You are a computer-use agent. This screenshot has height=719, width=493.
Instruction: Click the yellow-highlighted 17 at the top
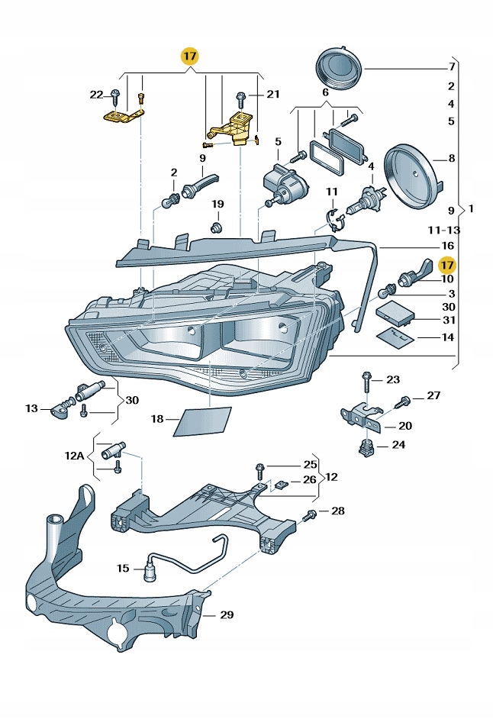189,56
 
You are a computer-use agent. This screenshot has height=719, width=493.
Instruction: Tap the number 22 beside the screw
96,95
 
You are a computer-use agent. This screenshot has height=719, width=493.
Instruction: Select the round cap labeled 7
338,68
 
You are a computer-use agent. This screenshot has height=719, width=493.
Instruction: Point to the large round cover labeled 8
413,175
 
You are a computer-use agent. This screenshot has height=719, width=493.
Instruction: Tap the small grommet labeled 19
217,227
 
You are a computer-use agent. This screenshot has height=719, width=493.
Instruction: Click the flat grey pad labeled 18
202,421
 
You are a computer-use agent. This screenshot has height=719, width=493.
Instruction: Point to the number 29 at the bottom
227,614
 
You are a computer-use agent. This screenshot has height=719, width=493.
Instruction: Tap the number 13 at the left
31,409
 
